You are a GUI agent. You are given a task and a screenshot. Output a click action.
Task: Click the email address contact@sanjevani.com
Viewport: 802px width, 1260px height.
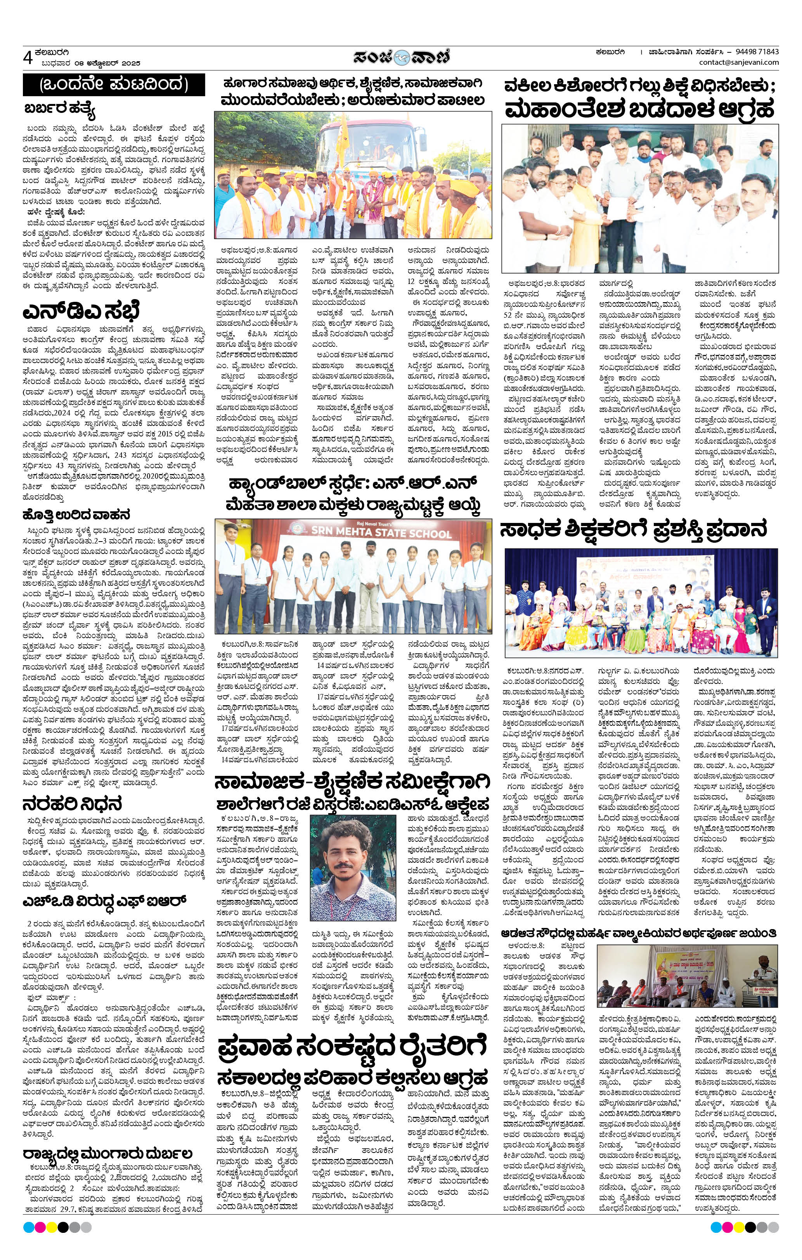[739, 63]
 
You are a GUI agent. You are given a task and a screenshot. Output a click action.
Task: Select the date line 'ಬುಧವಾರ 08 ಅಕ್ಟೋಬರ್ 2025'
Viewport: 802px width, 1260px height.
[92, 63]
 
